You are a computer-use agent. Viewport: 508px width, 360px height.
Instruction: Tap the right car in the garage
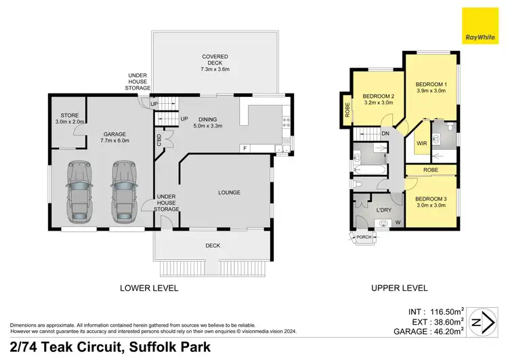click(x=124, y=191)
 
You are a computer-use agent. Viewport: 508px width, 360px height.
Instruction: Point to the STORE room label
click(x=69, y=119)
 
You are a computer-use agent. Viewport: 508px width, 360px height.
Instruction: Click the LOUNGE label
click(x=230, y=193)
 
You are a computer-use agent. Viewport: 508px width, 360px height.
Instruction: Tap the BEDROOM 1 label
click(x=431, y=87)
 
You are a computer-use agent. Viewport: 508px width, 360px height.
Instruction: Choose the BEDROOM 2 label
click(x=379, y=100)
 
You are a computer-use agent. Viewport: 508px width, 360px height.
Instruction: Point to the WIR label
click(x=421, y=144)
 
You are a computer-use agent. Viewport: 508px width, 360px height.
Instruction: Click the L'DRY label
click(x=385, y=209)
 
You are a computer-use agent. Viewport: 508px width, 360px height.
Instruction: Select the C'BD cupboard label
click(x=159, y=140)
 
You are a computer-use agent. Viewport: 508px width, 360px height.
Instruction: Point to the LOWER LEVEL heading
click(x=149, y=288)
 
